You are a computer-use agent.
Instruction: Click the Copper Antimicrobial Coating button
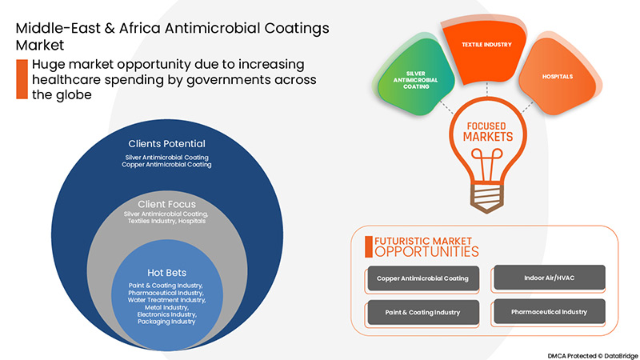[422, 278]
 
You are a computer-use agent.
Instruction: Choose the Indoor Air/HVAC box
[548, 278]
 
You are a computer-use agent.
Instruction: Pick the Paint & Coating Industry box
[422, 312]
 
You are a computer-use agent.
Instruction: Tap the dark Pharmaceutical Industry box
[548, 312]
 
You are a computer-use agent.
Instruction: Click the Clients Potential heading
[167, 143]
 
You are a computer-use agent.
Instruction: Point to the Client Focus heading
[167, 204]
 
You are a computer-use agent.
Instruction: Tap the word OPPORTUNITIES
[426, 251]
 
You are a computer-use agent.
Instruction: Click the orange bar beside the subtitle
[22, 78]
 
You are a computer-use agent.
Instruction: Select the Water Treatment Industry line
[167, 300]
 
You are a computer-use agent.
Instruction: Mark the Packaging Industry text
[167, 322]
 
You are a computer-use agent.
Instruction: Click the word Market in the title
[35, 45]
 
